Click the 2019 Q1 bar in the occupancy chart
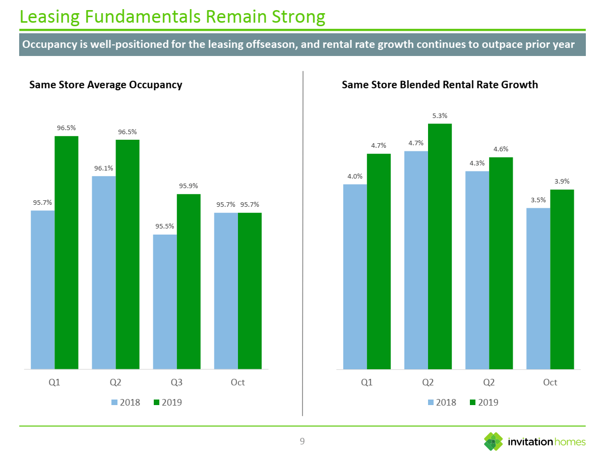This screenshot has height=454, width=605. [66, 252]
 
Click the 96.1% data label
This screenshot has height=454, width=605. [103, 168]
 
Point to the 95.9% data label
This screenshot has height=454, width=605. [189, 186]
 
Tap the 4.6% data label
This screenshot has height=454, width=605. [501, 149]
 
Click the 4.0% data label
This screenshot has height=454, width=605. [355, 177]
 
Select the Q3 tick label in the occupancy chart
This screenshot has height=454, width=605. [176, 382]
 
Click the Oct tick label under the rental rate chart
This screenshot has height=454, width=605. [550, 382]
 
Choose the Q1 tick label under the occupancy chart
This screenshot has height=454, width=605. [54, 382]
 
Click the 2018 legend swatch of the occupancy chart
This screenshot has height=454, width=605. [114, 403]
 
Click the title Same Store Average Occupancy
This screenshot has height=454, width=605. [106, 85]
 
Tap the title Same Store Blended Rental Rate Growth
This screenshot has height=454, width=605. [440, 85]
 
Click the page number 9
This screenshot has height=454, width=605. [302, 442]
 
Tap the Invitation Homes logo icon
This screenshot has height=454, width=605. [493, 442]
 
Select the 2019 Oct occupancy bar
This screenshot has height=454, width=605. [250, 291]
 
